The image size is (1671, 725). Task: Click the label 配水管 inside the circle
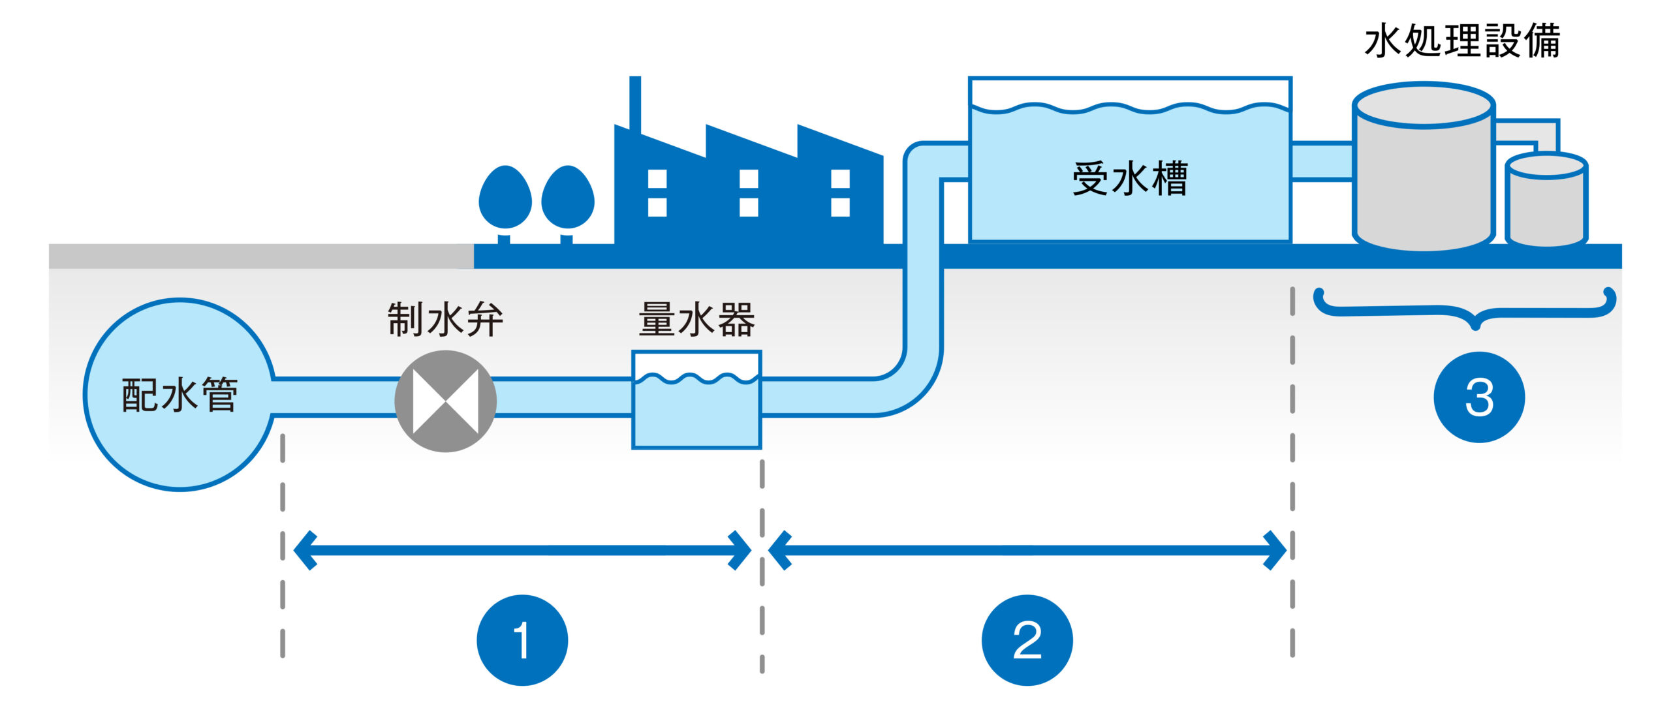[x=180, y=395]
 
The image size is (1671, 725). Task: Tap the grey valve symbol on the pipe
[x=446, y=401]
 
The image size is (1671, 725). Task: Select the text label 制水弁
[x=446, y=319]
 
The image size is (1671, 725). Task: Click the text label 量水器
[x=696, y=319]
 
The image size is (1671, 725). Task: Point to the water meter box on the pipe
[x=696, y=411]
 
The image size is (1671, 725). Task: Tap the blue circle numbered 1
[x=522, y=640]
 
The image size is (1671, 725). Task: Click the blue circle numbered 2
[x=1027, y=640]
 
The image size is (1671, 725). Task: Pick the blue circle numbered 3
[x=1479, y=397]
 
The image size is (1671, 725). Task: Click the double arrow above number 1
[x=522, y=550]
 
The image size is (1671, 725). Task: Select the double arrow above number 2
[x=1027, y=550]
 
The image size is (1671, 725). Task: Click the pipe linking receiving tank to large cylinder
[x=1322, y=161]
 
